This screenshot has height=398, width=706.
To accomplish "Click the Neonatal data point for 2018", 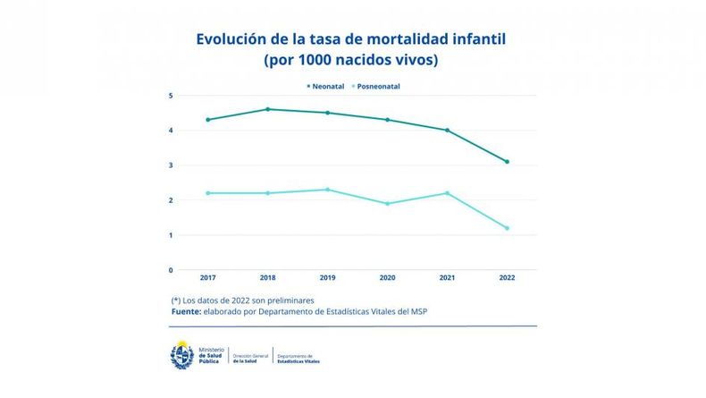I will click(268, 109).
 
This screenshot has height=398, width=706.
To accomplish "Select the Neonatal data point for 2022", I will click(507, 162).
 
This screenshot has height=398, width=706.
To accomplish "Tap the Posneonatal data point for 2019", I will click(328, 190).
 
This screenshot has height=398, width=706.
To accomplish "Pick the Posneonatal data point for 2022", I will click(507, 228).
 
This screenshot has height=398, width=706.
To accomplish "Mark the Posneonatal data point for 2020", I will click(388, 204).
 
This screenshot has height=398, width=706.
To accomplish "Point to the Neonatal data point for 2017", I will click(208, 120).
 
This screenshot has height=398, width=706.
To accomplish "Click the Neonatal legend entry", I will click(330, 86).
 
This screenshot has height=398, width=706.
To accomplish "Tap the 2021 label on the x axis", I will click(447, 279).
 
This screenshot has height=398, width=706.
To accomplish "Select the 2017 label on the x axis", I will click(208, 279).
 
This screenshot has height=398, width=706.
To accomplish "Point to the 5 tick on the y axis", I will click(171, 96).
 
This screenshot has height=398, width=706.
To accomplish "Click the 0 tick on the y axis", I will click(171, 270).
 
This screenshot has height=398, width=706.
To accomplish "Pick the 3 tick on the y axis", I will click(171, 165).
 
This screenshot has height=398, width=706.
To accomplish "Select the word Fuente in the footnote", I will click(189, 311).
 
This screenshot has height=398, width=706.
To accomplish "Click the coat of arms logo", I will click(182, 355).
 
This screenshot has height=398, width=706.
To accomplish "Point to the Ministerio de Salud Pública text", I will click(211, 355).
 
